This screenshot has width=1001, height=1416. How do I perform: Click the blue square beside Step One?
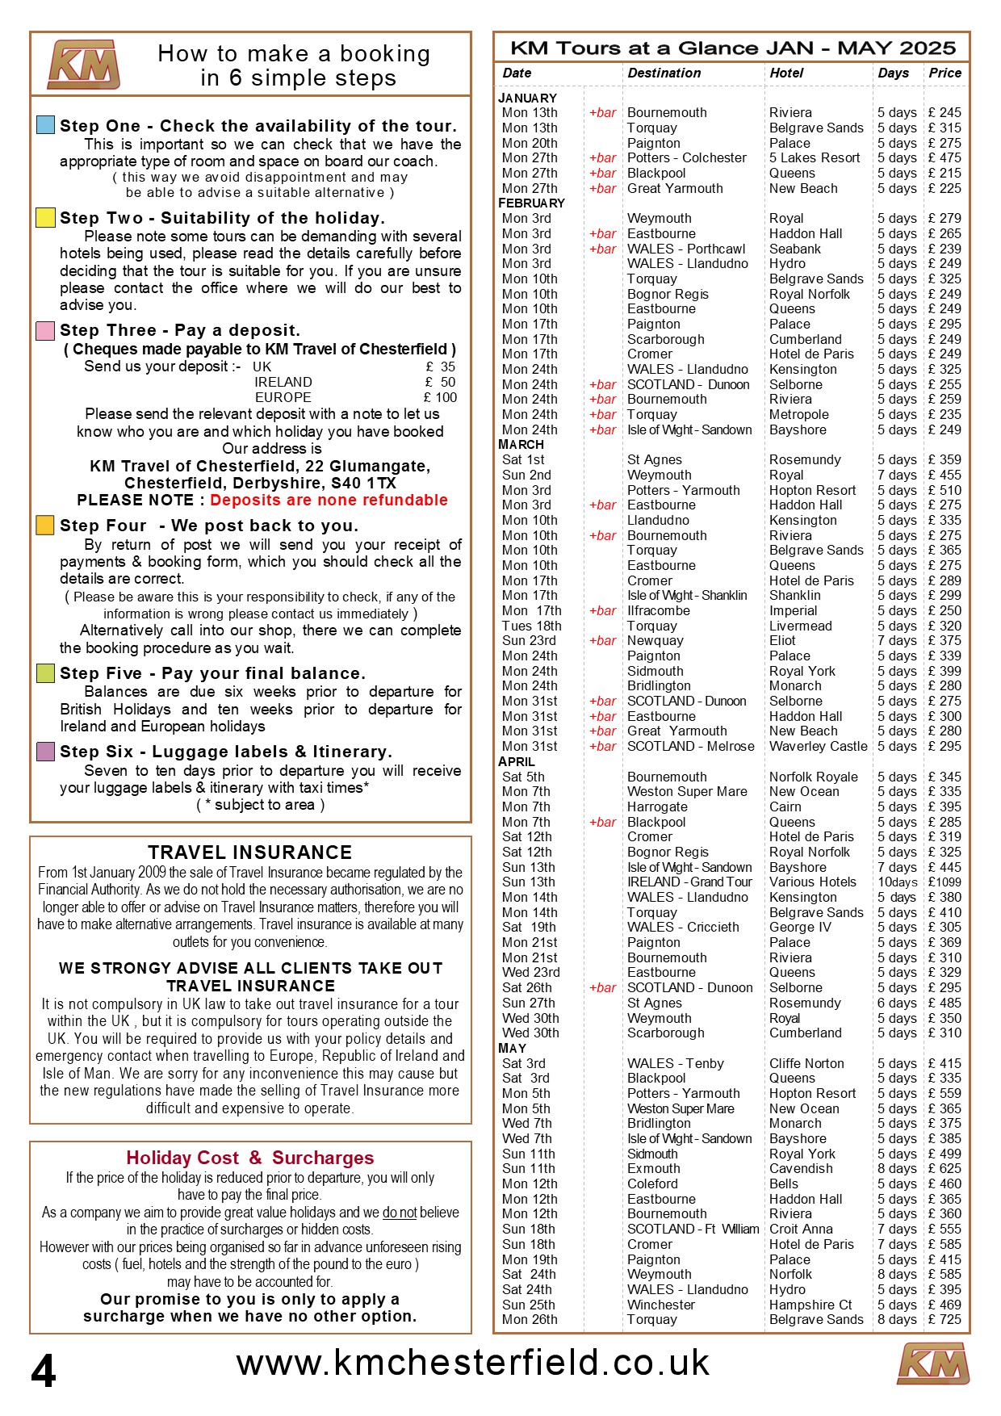coord(46,125)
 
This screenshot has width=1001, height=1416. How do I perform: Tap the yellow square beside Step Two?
coord(46,217)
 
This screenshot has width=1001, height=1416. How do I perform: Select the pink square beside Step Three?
coord(46,330)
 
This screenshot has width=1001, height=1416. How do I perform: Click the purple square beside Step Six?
coord(46,752)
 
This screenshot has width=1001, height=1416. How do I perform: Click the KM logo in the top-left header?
coord(84,65)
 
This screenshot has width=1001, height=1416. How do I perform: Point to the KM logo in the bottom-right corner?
coord(933,1364)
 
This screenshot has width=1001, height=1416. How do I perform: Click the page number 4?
coord(44,1370)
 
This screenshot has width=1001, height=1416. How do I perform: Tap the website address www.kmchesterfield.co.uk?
coord(473,1363)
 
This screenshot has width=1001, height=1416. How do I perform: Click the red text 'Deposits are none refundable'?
coord(329,500)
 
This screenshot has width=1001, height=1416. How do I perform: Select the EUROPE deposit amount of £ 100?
coord(440,397)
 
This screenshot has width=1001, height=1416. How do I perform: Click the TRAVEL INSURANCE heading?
coord(250,853)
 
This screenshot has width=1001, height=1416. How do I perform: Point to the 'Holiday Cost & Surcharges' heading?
coord(250,1158)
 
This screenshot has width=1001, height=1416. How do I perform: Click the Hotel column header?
coord(786,73)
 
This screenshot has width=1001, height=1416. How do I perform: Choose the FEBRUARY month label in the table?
coord(531,203)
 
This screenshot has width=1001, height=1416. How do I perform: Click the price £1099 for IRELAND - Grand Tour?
coord(944,882)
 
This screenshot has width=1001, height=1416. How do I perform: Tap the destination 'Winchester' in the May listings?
coord(660,1305)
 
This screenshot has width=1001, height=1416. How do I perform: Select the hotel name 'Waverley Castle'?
coord(818,746)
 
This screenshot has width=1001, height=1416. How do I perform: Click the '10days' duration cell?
coord(897,882)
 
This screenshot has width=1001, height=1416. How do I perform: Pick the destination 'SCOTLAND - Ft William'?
coord(693,1229)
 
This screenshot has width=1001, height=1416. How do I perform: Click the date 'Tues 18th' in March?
coord(531,626)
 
